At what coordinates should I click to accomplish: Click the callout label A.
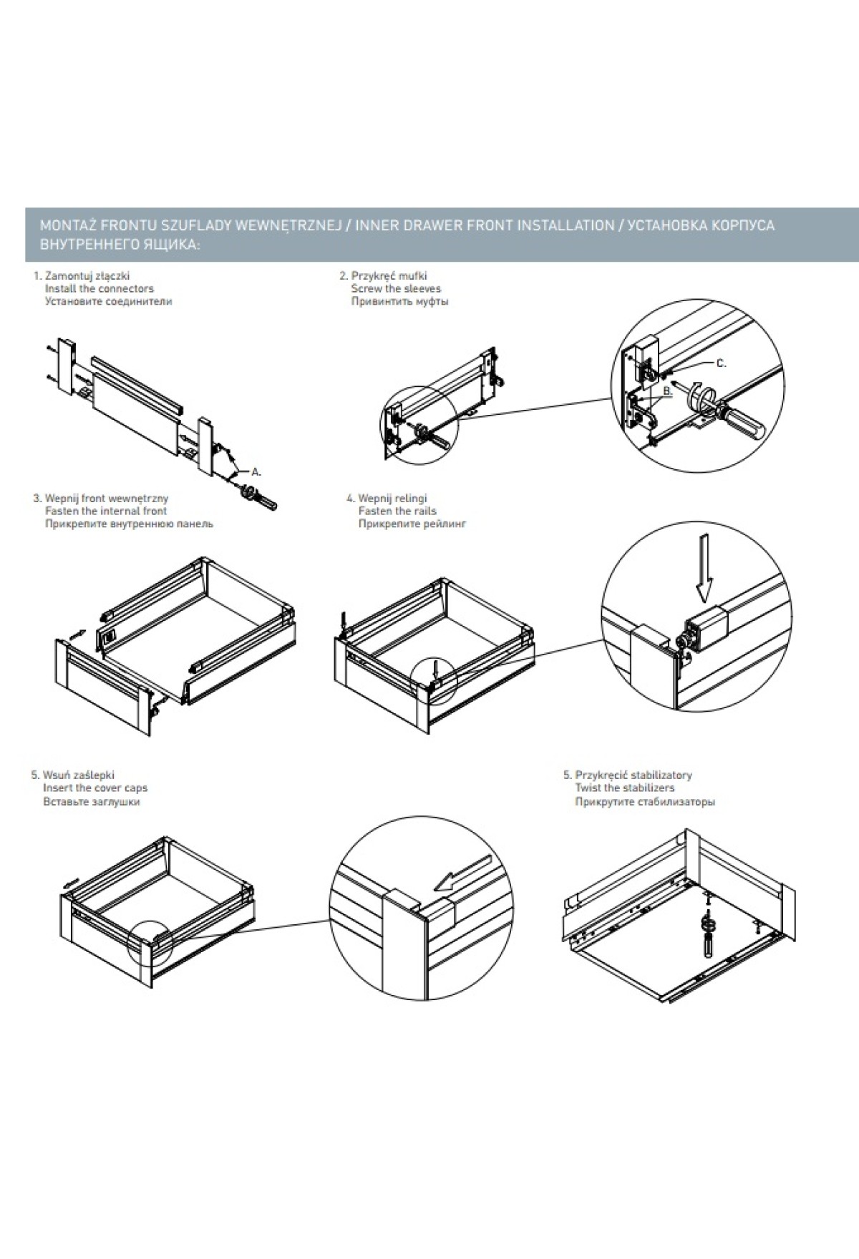[x=256, y=472]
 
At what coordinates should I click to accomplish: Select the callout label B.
[x=668, y=391]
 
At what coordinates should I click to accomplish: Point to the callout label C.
[x=721, y=363]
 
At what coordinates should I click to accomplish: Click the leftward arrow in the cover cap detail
[x=465, y=873]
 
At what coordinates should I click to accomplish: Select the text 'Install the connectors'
[x=99, y=288]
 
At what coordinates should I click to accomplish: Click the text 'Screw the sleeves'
[x=396, y=288]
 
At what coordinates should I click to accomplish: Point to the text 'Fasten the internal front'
[x=105, y=511]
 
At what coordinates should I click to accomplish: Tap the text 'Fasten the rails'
[x=397, y=511]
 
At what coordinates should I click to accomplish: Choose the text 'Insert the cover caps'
[x=95, y=788]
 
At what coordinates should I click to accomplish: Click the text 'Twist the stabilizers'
[x=624, y=788]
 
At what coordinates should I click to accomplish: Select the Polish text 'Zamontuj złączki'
[x=87, y=275]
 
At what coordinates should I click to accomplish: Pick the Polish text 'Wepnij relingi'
[x=392, y=498]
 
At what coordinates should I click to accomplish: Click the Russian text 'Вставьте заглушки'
[x=92, y=801]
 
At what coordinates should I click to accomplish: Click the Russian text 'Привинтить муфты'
[x=399, y=301]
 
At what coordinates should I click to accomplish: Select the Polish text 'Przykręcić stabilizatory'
[x=634, y=775]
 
